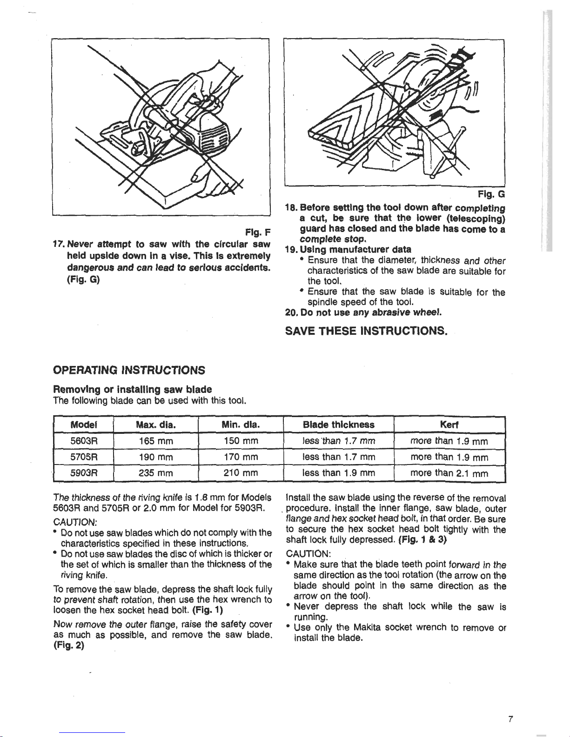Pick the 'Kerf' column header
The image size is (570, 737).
coord(449,425)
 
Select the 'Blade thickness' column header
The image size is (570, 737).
coord(338,425)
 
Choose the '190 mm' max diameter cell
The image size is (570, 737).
coord(155,457)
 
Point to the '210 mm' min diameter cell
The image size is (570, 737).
coord(241,473)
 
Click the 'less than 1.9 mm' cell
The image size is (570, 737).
coord(338,473)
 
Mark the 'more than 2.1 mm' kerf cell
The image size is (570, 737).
coord(449,473)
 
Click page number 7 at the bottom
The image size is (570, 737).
coord(510,719)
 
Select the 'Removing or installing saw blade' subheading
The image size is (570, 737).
coord(133,389)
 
